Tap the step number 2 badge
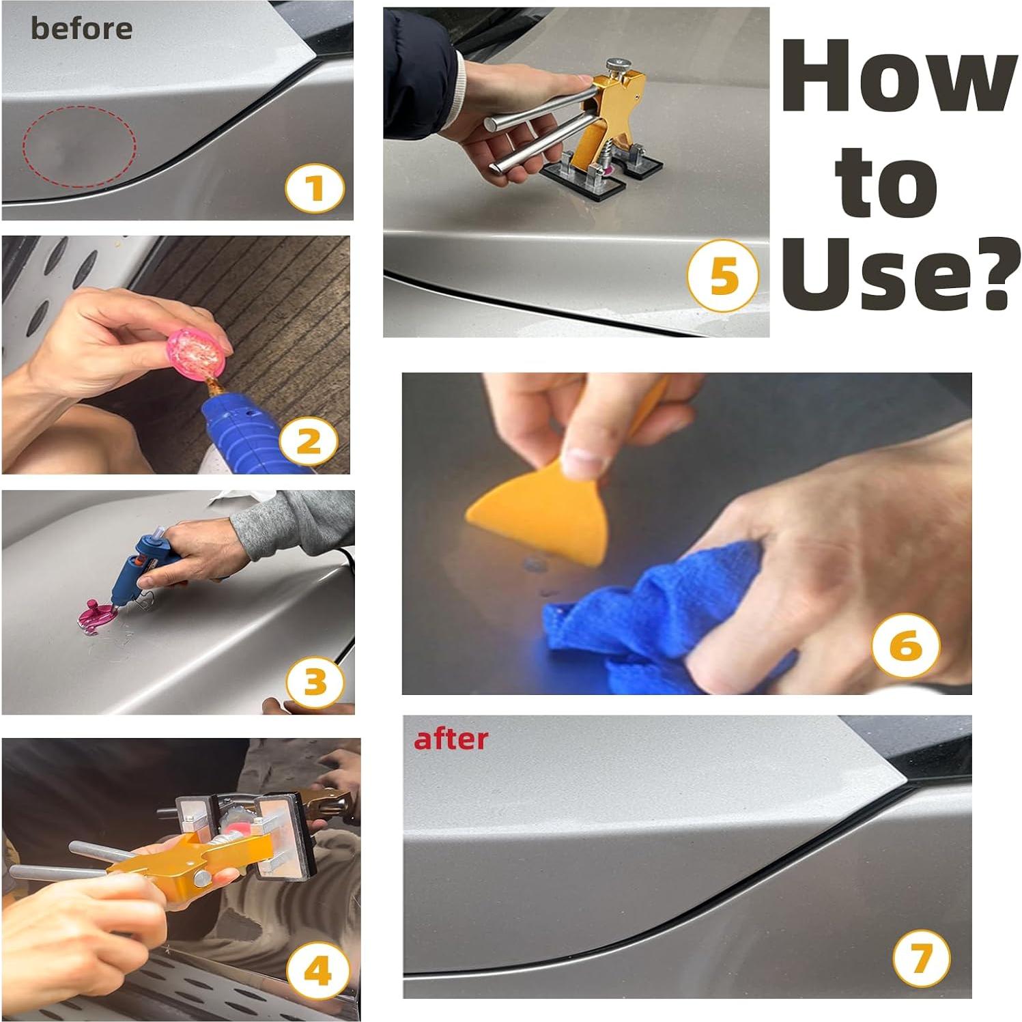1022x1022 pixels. pos(309,442)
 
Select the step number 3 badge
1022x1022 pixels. pos(315,682)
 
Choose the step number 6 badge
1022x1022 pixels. pos(906,646)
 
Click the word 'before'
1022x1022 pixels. pos(81,29)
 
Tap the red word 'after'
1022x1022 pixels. pos(451,739)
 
